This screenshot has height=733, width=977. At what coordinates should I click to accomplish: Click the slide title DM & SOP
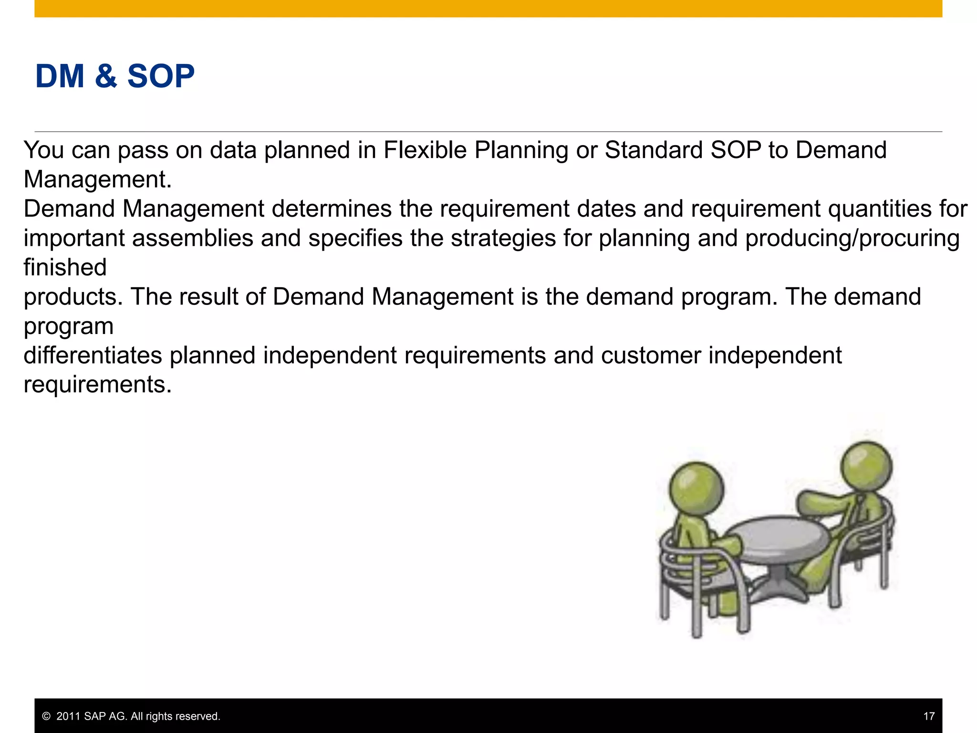tap(115, 76)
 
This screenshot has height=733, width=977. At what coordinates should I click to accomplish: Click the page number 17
tap(928, 716)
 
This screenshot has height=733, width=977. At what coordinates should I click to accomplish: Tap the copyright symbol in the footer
tap(46, 716)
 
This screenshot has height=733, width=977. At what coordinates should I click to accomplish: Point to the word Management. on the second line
tap(97, 180)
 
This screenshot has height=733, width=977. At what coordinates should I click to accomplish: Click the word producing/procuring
tap(852, 239)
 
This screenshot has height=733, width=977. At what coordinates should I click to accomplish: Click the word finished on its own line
tap(65, 268)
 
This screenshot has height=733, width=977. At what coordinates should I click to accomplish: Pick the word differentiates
tap(93, 356)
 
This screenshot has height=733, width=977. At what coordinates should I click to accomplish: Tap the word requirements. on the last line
tap(97, 385)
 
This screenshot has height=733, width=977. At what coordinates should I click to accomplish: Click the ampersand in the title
tap(105, 76)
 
